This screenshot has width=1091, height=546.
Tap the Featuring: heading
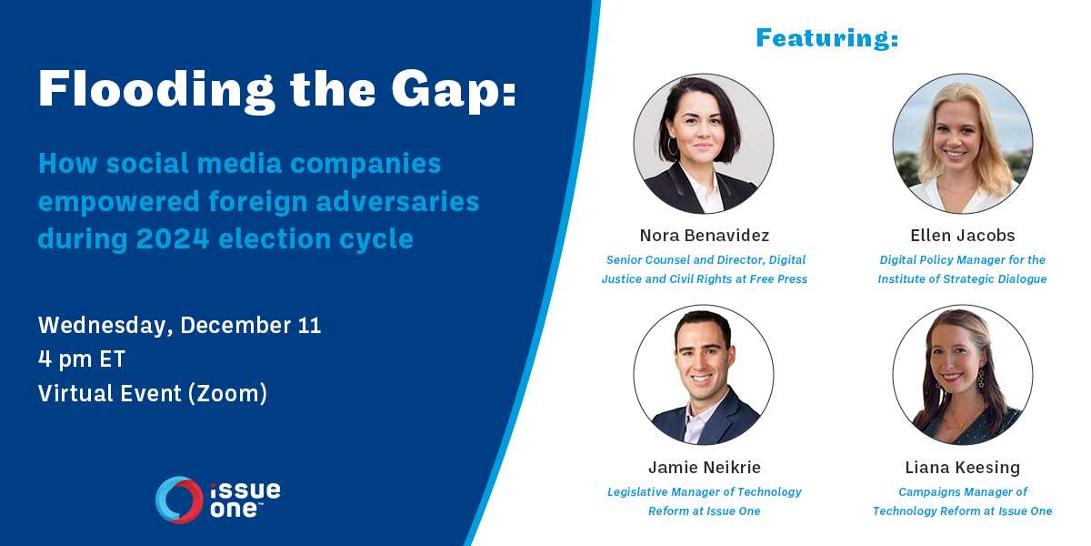pos(826,38)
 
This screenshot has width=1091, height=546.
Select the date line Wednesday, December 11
pos(180,326)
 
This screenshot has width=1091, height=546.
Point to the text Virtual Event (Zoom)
pos(153,393)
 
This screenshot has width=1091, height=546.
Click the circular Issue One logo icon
pos(179,500)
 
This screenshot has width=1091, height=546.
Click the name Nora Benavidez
pos(704,236)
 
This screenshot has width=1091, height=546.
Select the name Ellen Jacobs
pos(962,236)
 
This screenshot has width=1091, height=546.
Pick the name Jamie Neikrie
pos(704,468)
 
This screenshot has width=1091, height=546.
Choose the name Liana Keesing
pos(962,468)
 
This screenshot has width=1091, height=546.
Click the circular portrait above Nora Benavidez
pos(704,144)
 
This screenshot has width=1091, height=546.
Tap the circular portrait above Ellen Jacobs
pos(962,144)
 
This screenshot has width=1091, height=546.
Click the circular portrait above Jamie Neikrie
pos(704,375)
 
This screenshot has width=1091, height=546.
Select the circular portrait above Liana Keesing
pos(962,375)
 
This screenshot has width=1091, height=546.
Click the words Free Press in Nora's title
pos(778,279)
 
